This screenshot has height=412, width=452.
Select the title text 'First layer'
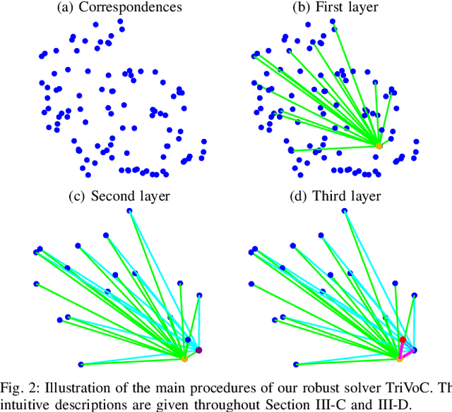(348, 8)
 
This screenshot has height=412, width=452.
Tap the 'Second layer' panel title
(130, 195)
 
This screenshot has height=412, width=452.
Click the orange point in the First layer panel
(379, 145)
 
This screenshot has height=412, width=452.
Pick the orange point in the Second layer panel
(184, 359)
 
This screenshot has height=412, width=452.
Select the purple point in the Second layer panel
(199, 351)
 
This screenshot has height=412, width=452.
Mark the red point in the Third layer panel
(403, 340)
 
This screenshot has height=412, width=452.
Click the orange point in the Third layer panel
(400, 359)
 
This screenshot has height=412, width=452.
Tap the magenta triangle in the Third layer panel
(405, 350)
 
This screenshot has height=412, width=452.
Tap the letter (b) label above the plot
(300, 8)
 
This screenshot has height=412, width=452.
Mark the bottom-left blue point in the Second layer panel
(81, 365)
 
